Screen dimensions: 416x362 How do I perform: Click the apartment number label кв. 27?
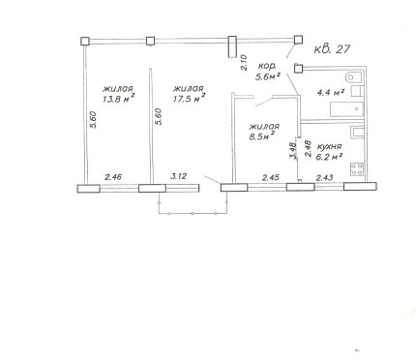click(332, 49)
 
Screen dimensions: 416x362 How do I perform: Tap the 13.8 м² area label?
click(119, 99)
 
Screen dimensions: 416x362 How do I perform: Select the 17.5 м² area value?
click(189, 98)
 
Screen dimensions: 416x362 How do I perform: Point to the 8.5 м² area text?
click(261, 136)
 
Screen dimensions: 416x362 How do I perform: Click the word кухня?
click(329, 146)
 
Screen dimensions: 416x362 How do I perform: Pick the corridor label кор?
click(267, 67)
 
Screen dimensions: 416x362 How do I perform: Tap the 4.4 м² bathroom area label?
click(330, 93)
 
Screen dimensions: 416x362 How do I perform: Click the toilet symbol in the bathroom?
click(354, 77)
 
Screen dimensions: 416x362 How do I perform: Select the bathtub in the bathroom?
click(347, 108)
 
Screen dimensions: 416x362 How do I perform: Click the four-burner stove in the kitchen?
click(357, 169)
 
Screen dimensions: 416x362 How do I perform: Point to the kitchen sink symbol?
click(358, 133)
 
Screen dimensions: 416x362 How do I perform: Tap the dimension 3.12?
click(179, 176)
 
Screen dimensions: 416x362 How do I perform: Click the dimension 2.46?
click(113, 176)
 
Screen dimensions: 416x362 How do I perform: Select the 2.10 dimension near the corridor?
click(244, 63)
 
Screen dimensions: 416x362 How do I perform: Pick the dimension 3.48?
click(293, 151)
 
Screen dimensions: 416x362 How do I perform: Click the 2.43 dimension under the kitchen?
click(325, 177)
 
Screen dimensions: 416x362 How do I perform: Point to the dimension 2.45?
click(271, 177)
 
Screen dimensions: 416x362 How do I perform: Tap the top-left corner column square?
click(85, 42)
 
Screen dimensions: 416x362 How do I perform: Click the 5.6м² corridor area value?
click(267, 76)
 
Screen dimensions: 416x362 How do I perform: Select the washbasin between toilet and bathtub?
click(357, 91)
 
